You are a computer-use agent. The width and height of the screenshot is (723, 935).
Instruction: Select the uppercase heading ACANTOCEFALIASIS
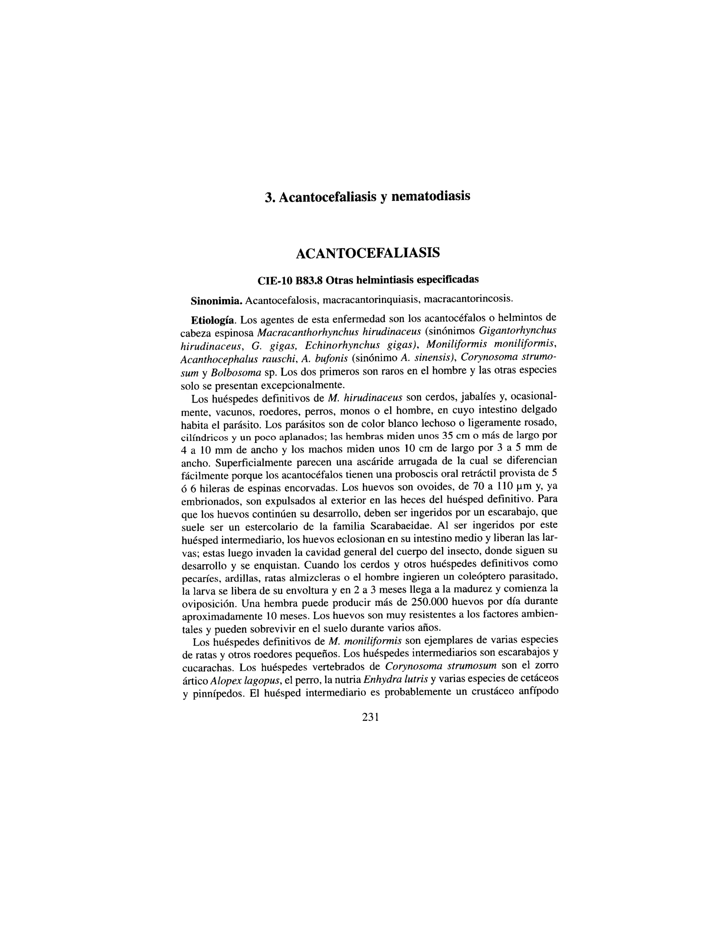click(368, 253)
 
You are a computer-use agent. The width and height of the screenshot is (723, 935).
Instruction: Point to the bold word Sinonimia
click(217, 300)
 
